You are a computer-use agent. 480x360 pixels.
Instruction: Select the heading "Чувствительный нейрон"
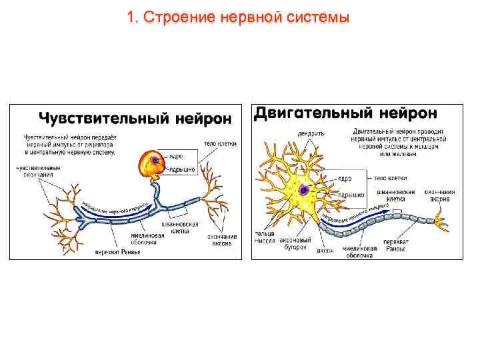coord(135,119)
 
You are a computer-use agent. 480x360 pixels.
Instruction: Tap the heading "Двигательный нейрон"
coord(346,113)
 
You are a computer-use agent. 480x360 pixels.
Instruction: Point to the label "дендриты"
coord(312,133)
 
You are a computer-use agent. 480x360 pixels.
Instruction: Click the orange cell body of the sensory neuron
coord(152,163)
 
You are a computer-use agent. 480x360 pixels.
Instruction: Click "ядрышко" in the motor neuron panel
coord(351,195)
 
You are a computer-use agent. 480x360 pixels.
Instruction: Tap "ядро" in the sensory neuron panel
coord(176,157)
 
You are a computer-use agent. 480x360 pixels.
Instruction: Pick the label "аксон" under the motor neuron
coord(324,251)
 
